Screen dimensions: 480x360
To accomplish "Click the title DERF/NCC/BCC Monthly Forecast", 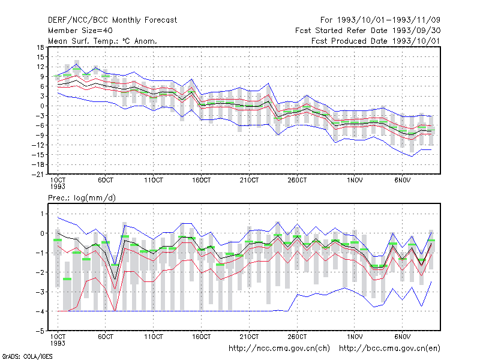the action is coord(112,20).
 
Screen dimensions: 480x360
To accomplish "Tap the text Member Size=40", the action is coord(80,31).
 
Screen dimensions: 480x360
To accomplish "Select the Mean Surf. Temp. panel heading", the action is coord(103,41).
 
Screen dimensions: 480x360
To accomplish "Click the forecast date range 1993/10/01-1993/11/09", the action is coord(380,20).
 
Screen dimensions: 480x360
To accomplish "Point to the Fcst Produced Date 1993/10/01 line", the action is coord(376,41).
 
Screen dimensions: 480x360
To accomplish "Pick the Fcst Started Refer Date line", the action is coord(368,31).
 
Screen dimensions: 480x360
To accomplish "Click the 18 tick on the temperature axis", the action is coord(40,47).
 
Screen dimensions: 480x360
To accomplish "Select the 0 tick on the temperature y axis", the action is coord(42,106).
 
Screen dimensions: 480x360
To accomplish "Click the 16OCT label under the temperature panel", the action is coord(201,180).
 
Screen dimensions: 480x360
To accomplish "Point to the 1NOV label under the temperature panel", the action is coord(355,180).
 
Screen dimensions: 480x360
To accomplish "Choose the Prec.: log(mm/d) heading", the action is coord(82,198).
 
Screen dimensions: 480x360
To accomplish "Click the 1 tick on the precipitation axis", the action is coord(42,214).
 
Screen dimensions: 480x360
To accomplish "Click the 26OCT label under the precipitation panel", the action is coord(297,337).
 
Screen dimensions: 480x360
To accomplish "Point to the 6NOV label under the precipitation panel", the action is coord(402,337).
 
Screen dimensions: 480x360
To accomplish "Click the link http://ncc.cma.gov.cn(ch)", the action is coord(279,349).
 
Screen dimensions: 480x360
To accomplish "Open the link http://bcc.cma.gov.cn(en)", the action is coord(389,349).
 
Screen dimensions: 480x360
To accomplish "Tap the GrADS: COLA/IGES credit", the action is coord(27,356).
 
